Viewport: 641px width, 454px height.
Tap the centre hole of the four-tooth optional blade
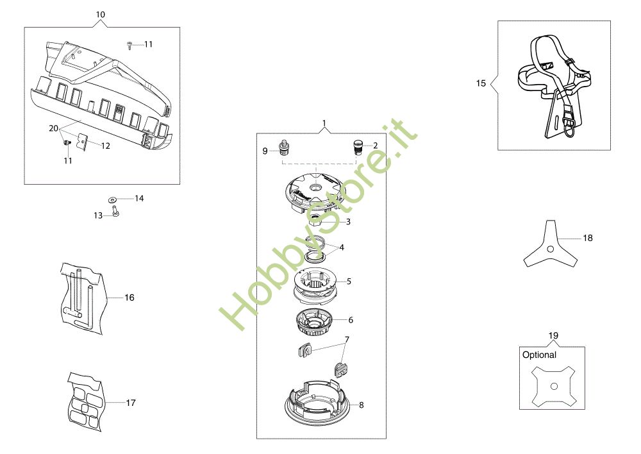[x=554, y=386]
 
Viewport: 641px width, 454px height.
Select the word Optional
[x=539, y=355]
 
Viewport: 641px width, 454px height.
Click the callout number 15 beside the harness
[x=481, y=83]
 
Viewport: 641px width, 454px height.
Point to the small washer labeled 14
[x=112, y=199]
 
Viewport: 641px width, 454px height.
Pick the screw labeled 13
[x=115, y=212]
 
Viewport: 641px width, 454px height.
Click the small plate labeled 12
[x=83, y=142]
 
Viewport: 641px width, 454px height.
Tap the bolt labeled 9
[x=283, y=147]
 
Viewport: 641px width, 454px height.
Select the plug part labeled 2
[x=357, y=146]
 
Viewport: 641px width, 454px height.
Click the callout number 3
[x=348, y=222]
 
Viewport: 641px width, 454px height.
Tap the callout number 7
[x=347, y=339]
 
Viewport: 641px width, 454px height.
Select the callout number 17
[x=130, y=403]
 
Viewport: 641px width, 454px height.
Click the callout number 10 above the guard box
[x=101, y=15]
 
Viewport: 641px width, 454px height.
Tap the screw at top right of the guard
[x=129, y=45]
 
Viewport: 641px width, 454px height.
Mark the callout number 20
[x=54, y=128]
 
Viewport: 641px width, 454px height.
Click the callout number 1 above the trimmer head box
[x=324, y=123]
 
